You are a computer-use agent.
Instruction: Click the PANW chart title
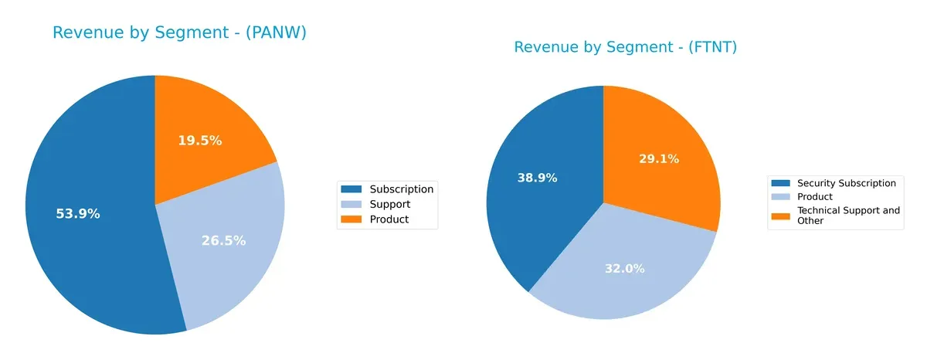(x=179, y=32)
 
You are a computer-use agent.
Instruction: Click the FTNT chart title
(x=625, y=47)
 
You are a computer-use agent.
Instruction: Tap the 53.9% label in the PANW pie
(x=78, y=214)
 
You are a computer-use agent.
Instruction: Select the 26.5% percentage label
(x=223, y=240)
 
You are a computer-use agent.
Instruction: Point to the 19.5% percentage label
(x=200, y=141)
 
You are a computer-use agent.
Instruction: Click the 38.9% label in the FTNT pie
(x=537, y=178)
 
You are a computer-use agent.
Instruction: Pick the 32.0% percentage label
(x=624, y=269)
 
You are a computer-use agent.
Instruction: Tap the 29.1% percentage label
(x=659, y=159)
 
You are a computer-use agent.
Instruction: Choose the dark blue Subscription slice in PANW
(x=93, y=255)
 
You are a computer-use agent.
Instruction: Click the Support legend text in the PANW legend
(x=389, y=204)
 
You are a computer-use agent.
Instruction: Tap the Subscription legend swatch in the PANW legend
(x=351, y=189)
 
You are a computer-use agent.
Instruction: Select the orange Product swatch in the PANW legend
(x=351, y=219)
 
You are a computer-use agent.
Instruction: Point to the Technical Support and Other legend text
(x=847, y=216)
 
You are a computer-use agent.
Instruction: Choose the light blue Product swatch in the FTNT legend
(x=781, y=197)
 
